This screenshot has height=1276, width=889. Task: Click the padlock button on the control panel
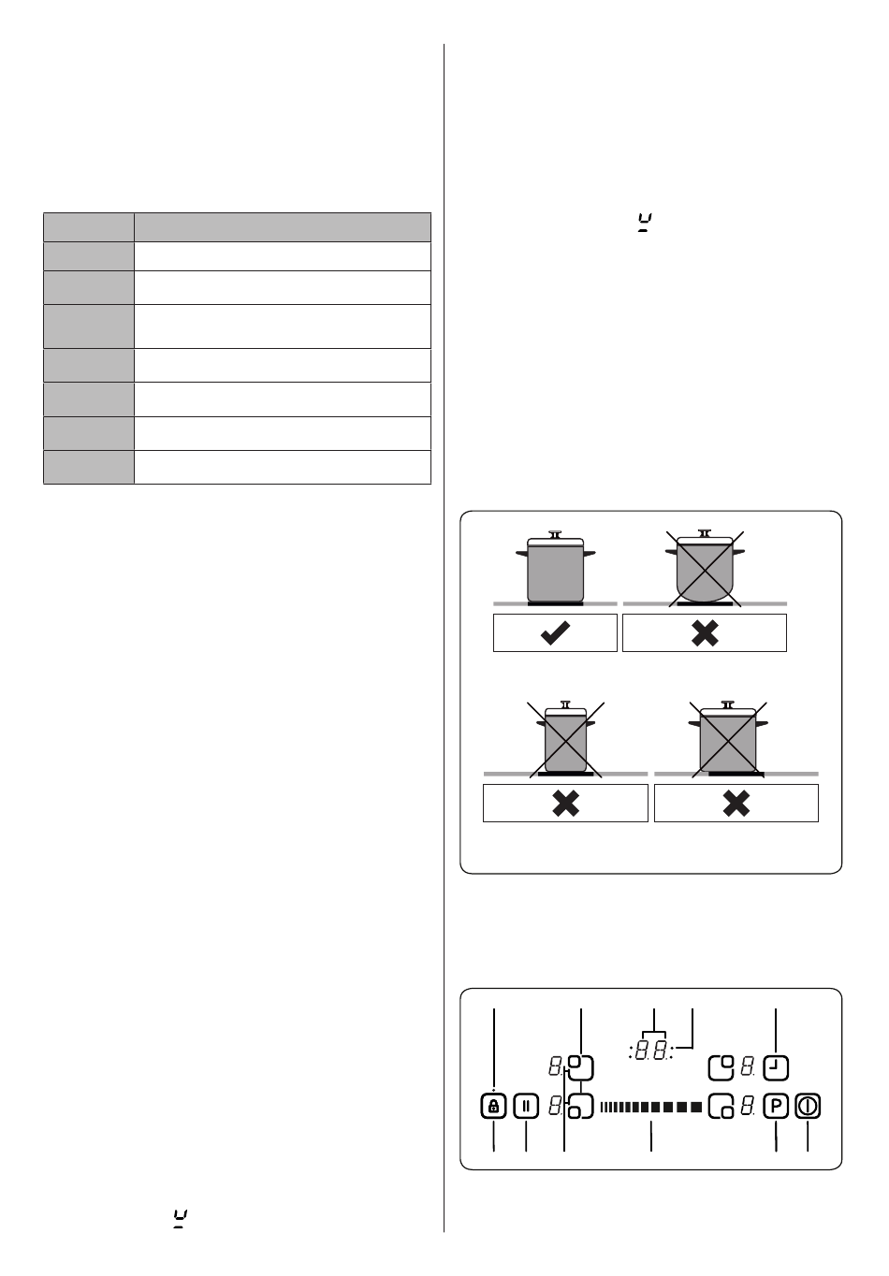493,1107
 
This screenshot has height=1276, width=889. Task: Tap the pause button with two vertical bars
525,1107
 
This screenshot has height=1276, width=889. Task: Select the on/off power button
808,1107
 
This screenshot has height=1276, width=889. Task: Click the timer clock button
776,1067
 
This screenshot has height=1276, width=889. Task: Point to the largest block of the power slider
696,1107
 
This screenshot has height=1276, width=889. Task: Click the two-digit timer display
650,1051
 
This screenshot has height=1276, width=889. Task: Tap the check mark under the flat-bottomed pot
555,633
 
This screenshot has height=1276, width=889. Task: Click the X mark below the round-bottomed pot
705,633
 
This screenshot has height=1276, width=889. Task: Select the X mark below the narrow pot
566,804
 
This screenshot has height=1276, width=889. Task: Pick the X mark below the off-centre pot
736,804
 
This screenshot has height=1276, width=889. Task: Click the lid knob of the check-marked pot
555,534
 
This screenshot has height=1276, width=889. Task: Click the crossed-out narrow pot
566,739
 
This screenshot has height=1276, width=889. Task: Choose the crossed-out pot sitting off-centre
728,739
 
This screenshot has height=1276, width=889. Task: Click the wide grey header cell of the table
282,227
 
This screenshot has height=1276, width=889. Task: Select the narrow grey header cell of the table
89,227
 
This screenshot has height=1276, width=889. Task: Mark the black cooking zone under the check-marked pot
555,603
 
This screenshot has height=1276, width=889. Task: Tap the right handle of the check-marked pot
590,553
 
